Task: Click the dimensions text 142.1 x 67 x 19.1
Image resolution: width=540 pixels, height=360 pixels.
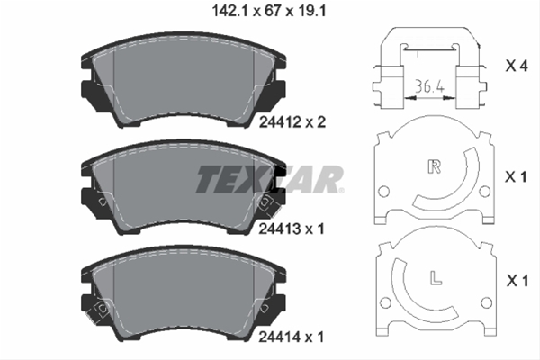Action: point(268,12)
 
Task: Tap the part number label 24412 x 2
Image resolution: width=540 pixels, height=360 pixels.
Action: point(292,122)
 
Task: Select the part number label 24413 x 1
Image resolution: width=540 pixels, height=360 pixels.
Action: point(292,229)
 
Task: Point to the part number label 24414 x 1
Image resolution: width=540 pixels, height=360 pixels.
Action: point(292,337)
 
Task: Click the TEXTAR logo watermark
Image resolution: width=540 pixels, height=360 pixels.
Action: point(270,179)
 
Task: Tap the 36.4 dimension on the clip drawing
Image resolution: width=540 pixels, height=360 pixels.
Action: point(429,86)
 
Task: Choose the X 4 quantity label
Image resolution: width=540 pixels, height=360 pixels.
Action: point(517,66)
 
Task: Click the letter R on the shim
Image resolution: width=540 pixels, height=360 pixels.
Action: point(435,166)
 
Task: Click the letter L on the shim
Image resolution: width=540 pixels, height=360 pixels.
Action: point(436,278)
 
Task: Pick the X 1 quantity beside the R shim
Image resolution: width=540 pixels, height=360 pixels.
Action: point(516,177)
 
